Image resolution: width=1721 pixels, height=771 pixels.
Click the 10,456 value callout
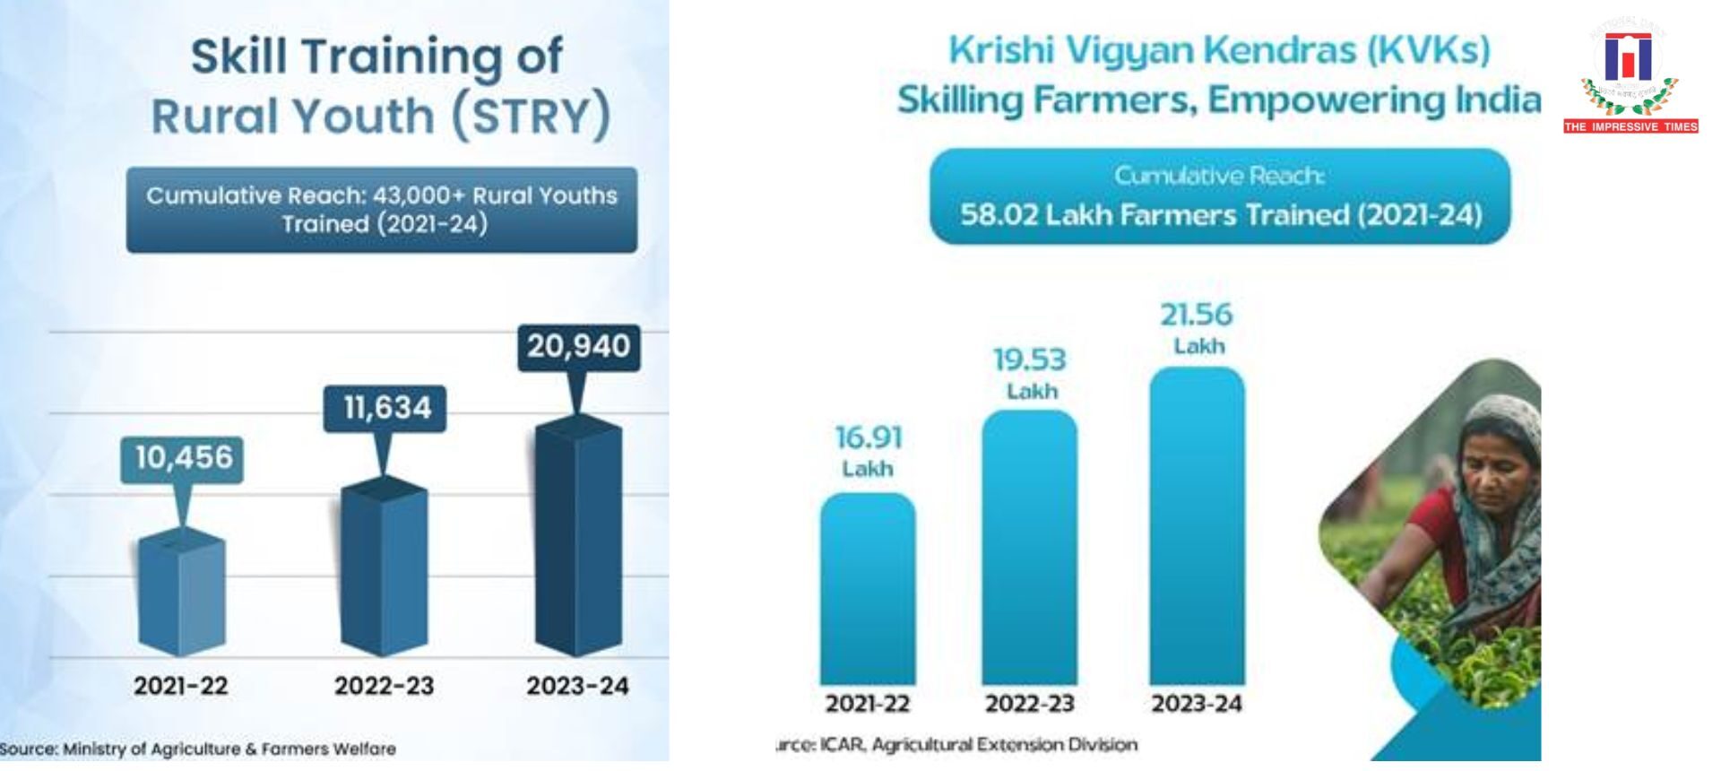[183, 458]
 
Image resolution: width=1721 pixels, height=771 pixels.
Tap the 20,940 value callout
[578, 346]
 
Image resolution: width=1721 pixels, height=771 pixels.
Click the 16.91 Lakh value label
[868, 451]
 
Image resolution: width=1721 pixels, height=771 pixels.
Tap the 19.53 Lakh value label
[1030, 373]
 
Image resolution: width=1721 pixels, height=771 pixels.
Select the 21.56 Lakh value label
[1197, 327]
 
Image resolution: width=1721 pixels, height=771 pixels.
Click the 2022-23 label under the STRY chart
[384, 687]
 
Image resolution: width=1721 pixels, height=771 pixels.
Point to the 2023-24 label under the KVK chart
[1197, 704]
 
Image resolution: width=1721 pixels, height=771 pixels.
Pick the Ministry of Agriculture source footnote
[199, 749]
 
